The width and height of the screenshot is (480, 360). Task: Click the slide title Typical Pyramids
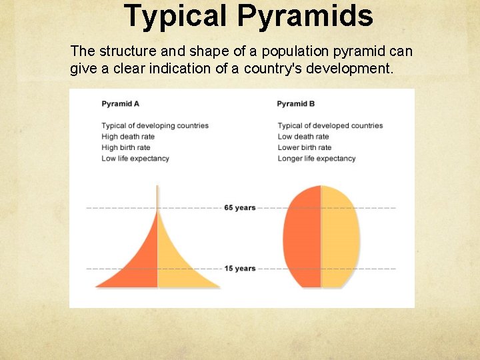click(248, 16)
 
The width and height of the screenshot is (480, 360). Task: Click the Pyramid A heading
click(120, 104)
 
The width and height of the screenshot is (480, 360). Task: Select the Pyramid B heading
click(295, 104)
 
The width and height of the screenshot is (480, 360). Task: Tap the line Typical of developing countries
click(155, 126)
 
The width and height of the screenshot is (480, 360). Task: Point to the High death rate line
click(128, 137)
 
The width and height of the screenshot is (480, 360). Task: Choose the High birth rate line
click(126, 147)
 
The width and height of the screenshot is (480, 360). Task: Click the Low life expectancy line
click(135, 159)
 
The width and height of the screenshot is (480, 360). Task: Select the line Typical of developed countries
click(330, 126)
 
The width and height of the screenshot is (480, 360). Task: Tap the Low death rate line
click(303, 137)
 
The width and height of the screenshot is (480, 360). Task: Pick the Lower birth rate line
click(304, 147)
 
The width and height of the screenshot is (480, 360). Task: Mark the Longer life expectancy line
click(317, 159)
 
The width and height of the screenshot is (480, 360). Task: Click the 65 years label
click(240, 208)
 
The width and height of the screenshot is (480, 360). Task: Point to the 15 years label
click(240, 269)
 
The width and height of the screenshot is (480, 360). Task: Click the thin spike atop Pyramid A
click(157, 197)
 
